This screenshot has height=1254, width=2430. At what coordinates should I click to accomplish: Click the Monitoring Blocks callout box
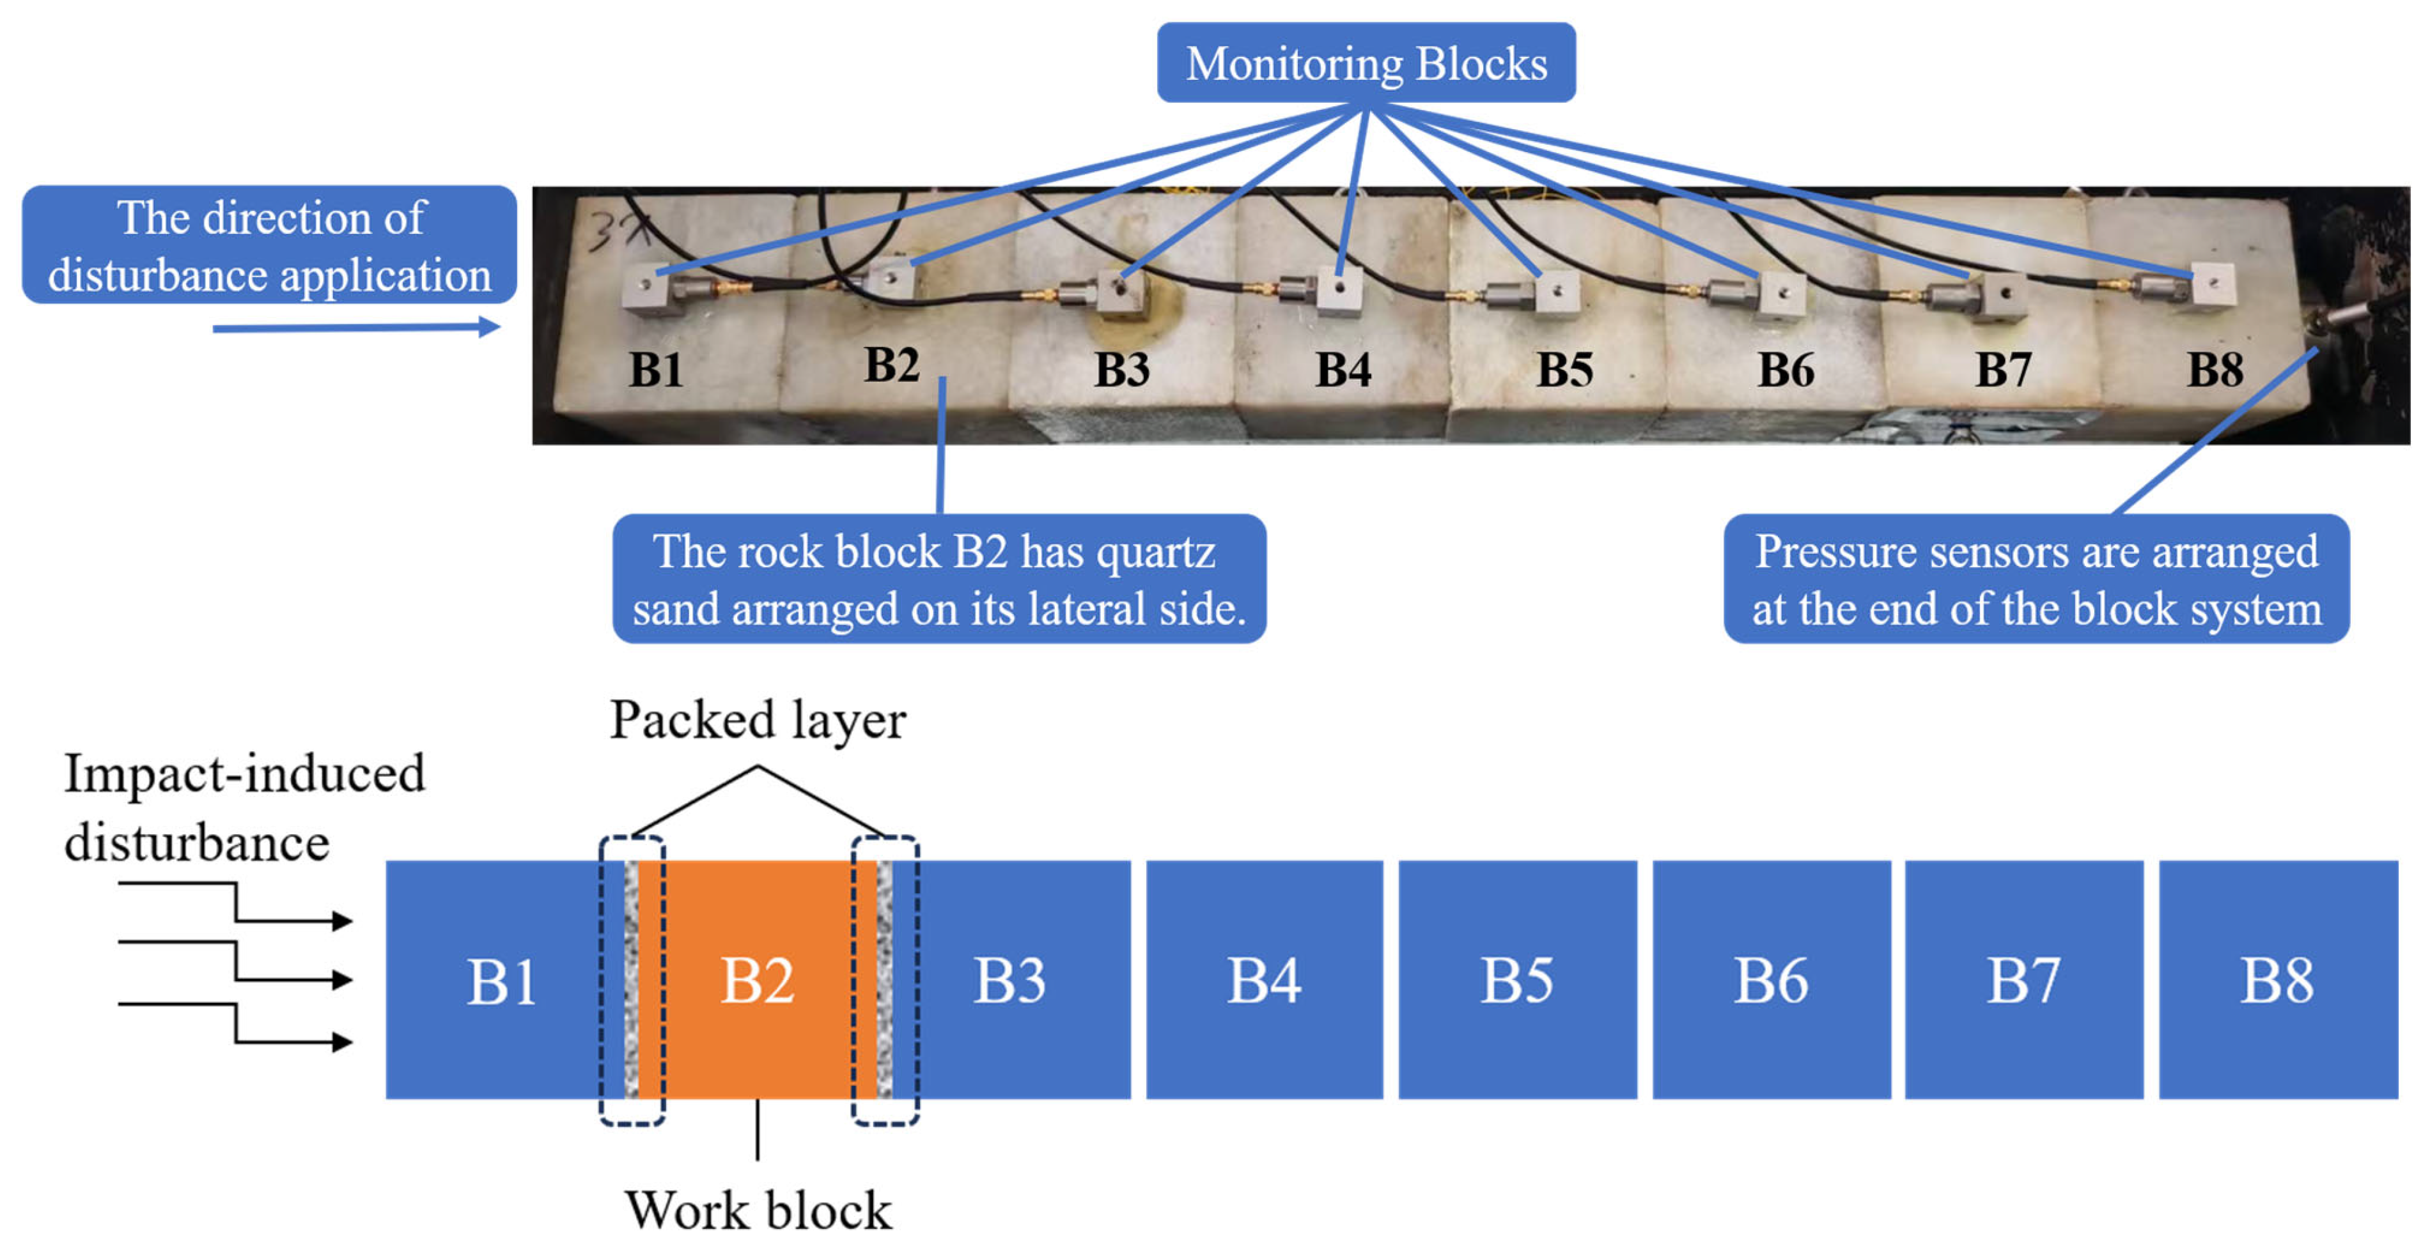pos(1366,62)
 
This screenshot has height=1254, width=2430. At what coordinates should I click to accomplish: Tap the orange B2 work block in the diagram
pos(758,979)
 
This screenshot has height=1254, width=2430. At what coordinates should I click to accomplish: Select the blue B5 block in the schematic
pos(1517,979)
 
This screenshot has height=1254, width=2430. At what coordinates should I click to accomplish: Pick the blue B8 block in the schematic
pos(2278,979)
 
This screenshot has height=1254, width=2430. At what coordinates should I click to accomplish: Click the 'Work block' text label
pos(758,1210)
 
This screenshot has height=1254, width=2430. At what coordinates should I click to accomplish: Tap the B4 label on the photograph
pos(1343,370)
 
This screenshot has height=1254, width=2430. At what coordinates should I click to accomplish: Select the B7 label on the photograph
pos(2004,370)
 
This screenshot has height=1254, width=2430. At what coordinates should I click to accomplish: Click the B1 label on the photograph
pos(656,370)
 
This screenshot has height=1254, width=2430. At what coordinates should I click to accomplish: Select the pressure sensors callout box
pos(2037,578)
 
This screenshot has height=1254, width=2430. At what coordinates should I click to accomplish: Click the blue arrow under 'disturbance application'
pos(357,327)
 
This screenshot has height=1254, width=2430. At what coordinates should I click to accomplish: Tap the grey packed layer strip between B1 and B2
pos(631,979)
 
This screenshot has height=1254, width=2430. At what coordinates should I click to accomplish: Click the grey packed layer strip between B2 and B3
pos(885,979)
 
